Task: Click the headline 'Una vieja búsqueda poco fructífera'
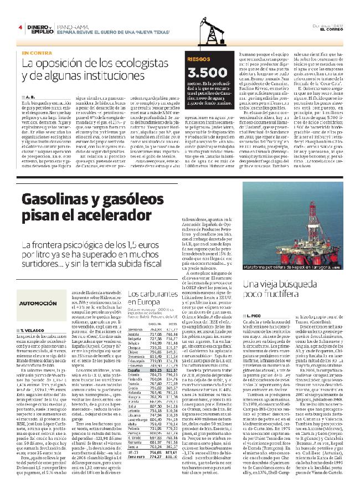coord(276,290)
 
